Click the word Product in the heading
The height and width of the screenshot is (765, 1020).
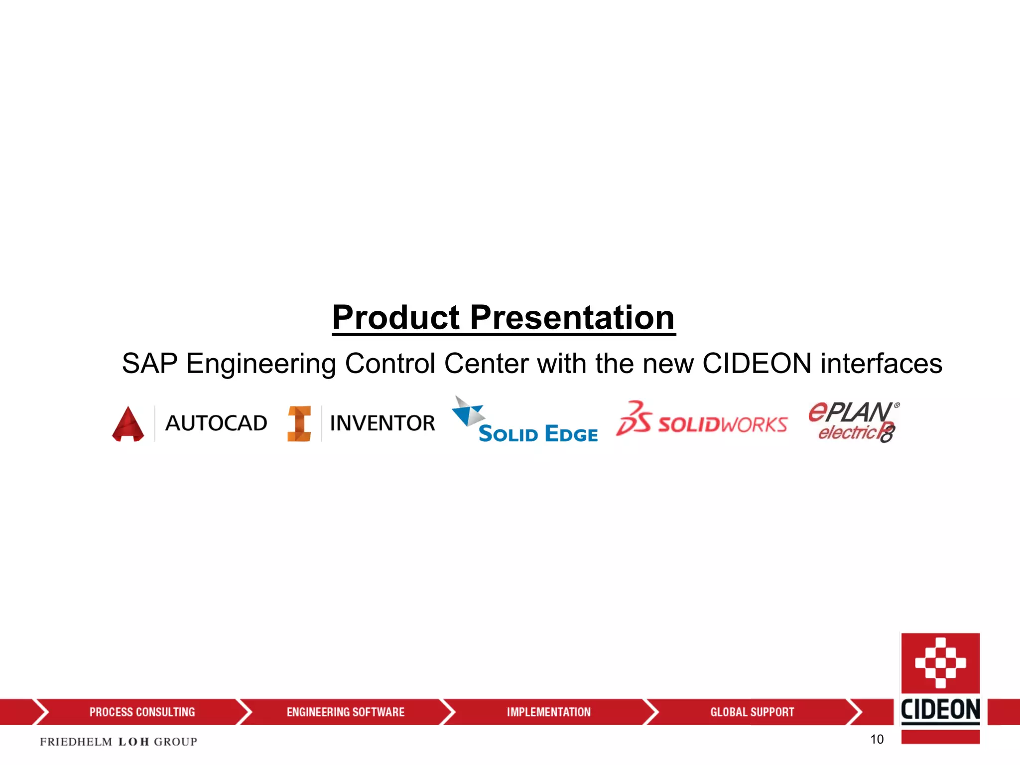click(x=396, y=317)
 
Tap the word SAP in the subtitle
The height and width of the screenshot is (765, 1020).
click(x=149, y=363)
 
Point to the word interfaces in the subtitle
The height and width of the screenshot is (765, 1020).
click(x=881, y=363)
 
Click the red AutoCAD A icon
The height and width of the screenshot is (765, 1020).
click(x=128, y=424)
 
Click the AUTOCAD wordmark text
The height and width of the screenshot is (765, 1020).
click(x=216, y=423)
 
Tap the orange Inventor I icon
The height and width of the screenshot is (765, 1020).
click(x=299, y=424)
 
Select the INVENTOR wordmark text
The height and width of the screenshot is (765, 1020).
click(x=382, y=423)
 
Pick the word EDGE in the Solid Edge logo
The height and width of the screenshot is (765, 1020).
click(x=571, y=434)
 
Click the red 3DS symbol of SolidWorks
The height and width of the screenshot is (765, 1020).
click(x=633, y=419)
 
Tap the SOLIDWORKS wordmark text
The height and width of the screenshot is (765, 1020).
click(x=722, y=425)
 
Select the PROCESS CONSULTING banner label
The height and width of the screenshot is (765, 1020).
click(x=142, y=712)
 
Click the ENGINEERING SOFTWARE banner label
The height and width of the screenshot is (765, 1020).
click(x=345, y=712)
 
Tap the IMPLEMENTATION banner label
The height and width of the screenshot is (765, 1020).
click(x=548, y=712)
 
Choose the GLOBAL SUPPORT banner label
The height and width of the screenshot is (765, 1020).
click(x=752, y=712)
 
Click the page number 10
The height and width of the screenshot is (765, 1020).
click(x=877, y=739)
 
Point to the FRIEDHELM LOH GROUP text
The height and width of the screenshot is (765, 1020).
click(x=119, y=742)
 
